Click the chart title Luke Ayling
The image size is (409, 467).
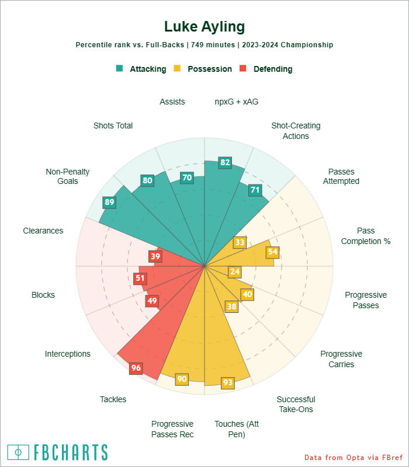[x=204, y=27]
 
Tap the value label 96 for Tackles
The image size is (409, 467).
[x=136, y=368]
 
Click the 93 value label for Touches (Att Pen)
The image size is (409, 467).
[x=228, y=383]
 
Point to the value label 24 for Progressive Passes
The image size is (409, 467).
[x=235, y=271]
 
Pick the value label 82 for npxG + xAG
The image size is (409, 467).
[x=224, y=162]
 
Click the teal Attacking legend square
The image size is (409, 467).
[x=120, y=68]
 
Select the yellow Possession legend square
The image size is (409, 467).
[x=178, y=68]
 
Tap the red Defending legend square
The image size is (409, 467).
[x=244, y=68]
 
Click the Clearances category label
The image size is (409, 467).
[x=43, y=231]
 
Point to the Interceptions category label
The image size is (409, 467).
[x=68, y=354]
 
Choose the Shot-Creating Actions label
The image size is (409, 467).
[x=296, y=131]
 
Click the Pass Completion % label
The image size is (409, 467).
[x=366, y=236]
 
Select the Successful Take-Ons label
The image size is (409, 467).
[x=296, y=404]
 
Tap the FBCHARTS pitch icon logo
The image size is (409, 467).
[x=18, y=452]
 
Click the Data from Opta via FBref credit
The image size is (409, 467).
[x=354, y=457]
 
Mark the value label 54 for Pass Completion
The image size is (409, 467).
[x=272, y=252]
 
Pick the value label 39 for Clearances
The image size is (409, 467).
[x=155, y=256]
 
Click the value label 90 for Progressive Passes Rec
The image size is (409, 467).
[x=182, y=379]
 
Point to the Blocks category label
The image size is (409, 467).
[x=43, y=295]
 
